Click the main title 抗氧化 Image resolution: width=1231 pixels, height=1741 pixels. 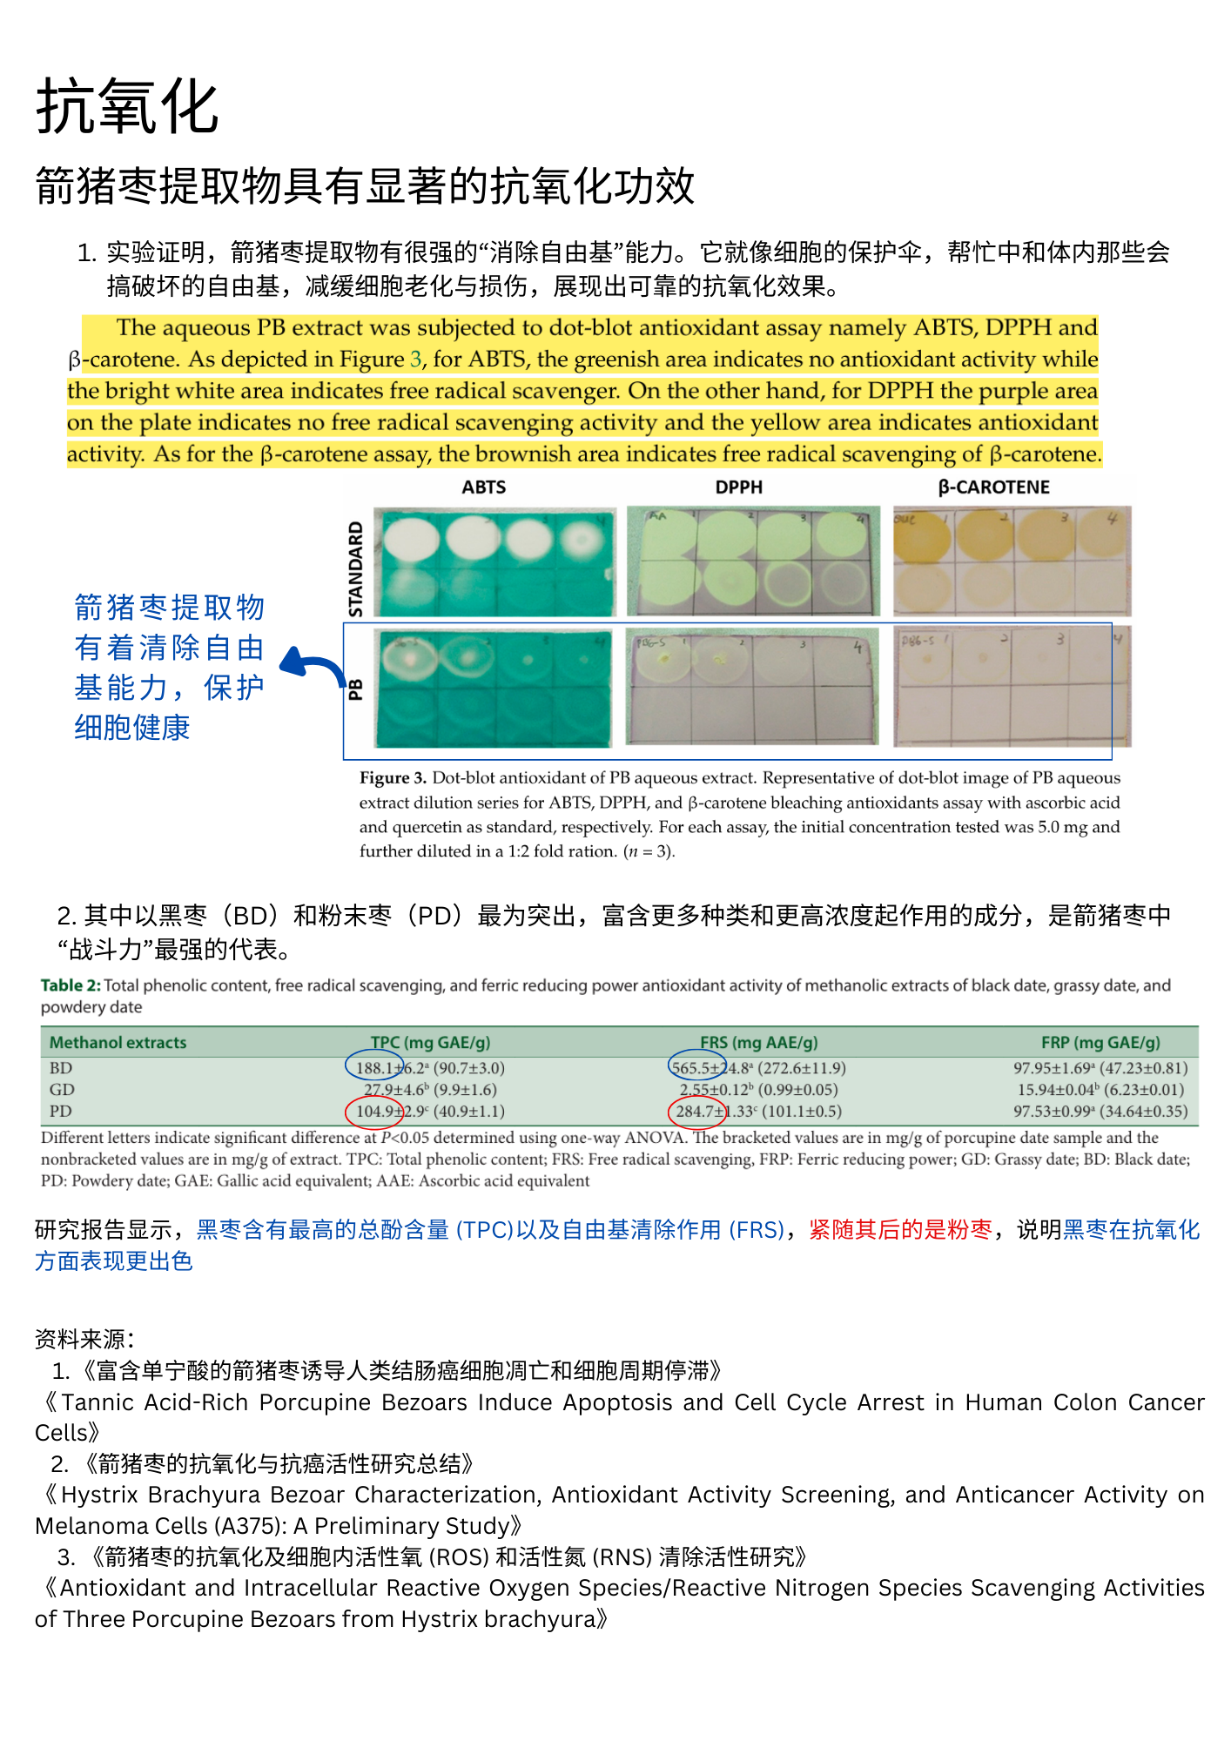[x=127, y=107]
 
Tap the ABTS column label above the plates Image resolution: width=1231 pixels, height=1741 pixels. [x=483, y=487]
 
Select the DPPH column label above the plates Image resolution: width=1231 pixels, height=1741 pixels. [x=738, y=487]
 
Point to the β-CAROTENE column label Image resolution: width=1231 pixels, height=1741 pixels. [x=993, y=487]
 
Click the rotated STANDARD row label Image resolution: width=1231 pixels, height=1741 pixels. [x=355, y=568]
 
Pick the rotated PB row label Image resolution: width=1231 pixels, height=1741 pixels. [x=355, y=689]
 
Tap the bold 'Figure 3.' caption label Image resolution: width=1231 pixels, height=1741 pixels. [x=393, y=778]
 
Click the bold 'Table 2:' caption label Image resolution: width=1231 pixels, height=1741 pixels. [x=71, y=985]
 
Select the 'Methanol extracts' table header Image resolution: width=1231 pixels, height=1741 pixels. [x=118, y=1043]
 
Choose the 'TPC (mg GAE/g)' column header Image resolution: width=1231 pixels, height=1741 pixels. [x=430, y=1043]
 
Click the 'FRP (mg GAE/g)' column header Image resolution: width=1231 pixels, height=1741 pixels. [x=1100, y=1043]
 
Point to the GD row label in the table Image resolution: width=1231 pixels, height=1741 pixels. [x=62, y=1090]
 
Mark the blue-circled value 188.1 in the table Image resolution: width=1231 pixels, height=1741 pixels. [x=374, y=1068]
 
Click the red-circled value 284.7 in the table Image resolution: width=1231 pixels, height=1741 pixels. [x=696, y=1112]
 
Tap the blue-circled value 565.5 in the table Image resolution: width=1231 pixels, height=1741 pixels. [x=696, y=1068]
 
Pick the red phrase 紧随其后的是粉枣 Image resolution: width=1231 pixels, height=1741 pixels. [x=900, y=1230]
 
